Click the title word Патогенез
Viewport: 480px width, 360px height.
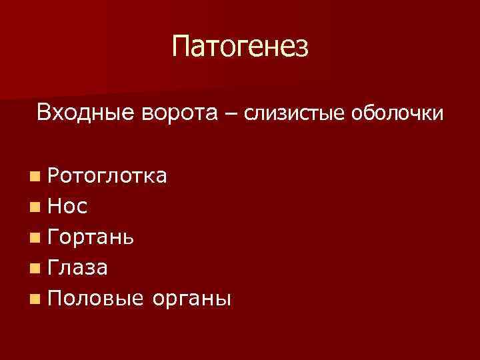(240, 47)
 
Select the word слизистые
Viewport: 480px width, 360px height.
(292, 114)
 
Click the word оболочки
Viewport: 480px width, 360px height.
(393, 113)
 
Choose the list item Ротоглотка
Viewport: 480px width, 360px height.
(107, 176)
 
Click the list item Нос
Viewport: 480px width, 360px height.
(67, 207)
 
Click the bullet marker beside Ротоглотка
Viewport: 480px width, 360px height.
(33, 177)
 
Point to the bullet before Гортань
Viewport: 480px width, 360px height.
(33, 238)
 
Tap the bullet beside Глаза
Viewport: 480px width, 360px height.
(33, 269)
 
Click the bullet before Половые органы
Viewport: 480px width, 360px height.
(33, 299)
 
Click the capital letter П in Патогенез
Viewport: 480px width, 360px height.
(181, 47)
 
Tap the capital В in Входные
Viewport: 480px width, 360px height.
(45, 112)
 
